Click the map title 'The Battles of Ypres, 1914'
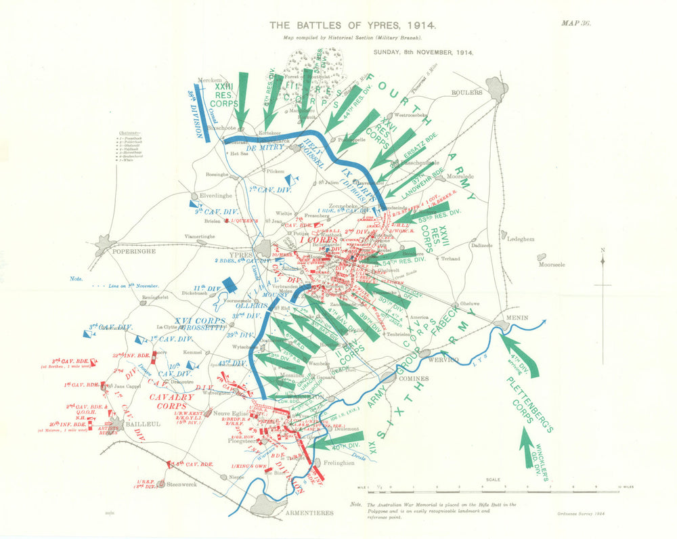pyautogui.click(x=352, y=25)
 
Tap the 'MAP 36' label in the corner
pyautogui.click(x=576, y=23)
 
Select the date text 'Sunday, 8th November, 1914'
pyautogui.click(x=423, y=51)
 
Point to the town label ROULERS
pyautogui.click(x=467, y=92)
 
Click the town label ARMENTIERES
pyautogui.click(x=309, y=513)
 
